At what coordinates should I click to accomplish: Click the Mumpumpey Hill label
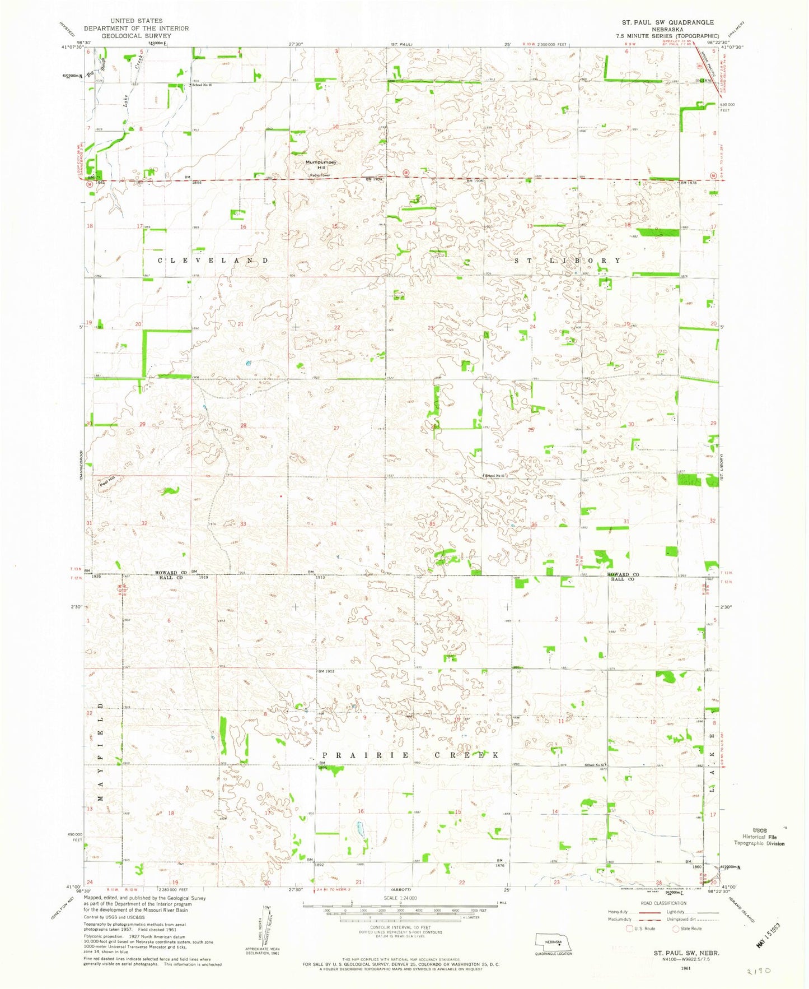point(321,165)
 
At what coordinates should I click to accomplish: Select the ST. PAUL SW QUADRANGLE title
point(667,22)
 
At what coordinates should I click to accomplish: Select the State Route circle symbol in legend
point(676,928)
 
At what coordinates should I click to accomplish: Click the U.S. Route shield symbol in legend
point(630,928)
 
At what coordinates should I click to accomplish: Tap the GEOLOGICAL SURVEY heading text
point(136,35)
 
